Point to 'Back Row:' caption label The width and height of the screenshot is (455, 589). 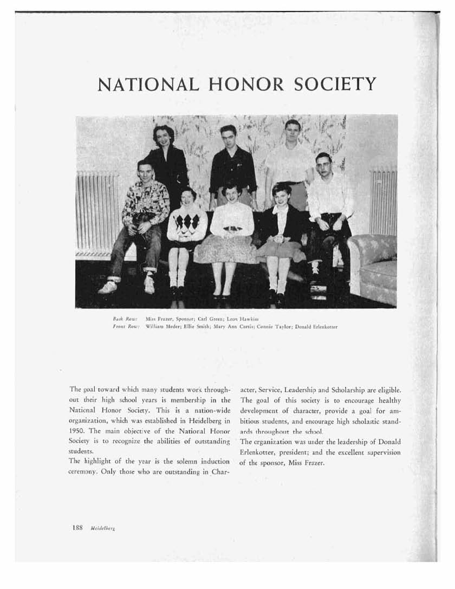point(121,320)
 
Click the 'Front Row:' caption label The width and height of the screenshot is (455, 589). point(121,327)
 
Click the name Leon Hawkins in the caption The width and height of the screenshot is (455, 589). point(231,320)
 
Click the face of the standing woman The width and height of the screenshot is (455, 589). point(164,137)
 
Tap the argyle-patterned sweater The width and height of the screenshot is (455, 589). point(187,222)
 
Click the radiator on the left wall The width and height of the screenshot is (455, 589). point(96,211)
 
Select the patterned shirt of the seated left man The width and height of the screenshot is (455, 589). point(145,200)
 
